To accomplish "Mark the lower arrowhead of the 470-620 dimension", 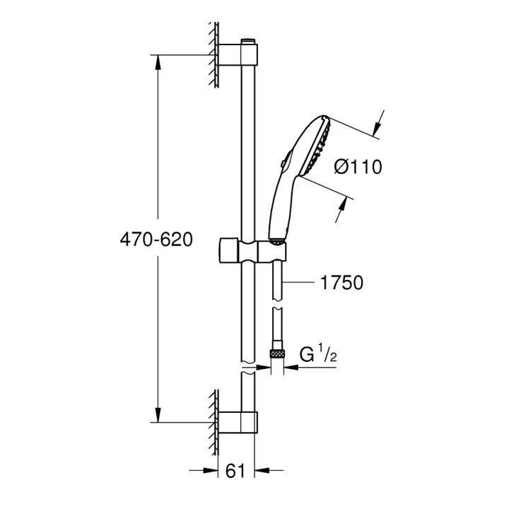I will coord(156,416).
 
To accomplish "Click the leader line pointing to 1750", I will coord(300,283).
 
